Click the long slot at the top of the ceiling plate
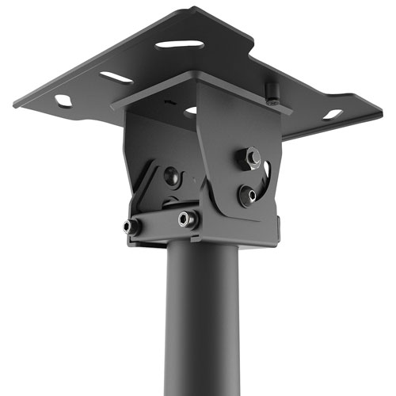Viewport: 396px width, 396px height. [x=180, y=44]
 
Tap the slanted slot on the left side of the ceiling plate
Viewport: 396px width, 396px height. [x=116, y=78]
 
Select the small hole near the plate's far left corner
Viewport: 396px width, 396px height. [x=63, y=101]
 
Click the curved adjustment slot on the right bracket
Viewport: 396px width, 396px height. [x=267, y=176]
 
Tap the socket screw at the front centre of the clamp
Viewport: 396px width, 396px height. [x=188, y=219]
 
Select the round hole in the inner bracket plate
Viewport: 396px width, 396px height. [x=191, y=112]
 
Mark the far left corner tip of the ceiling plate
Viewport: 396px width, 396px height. [x=13, y=104]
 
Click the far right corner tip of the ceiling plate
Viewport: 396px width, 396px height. [x=382, y=106]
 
